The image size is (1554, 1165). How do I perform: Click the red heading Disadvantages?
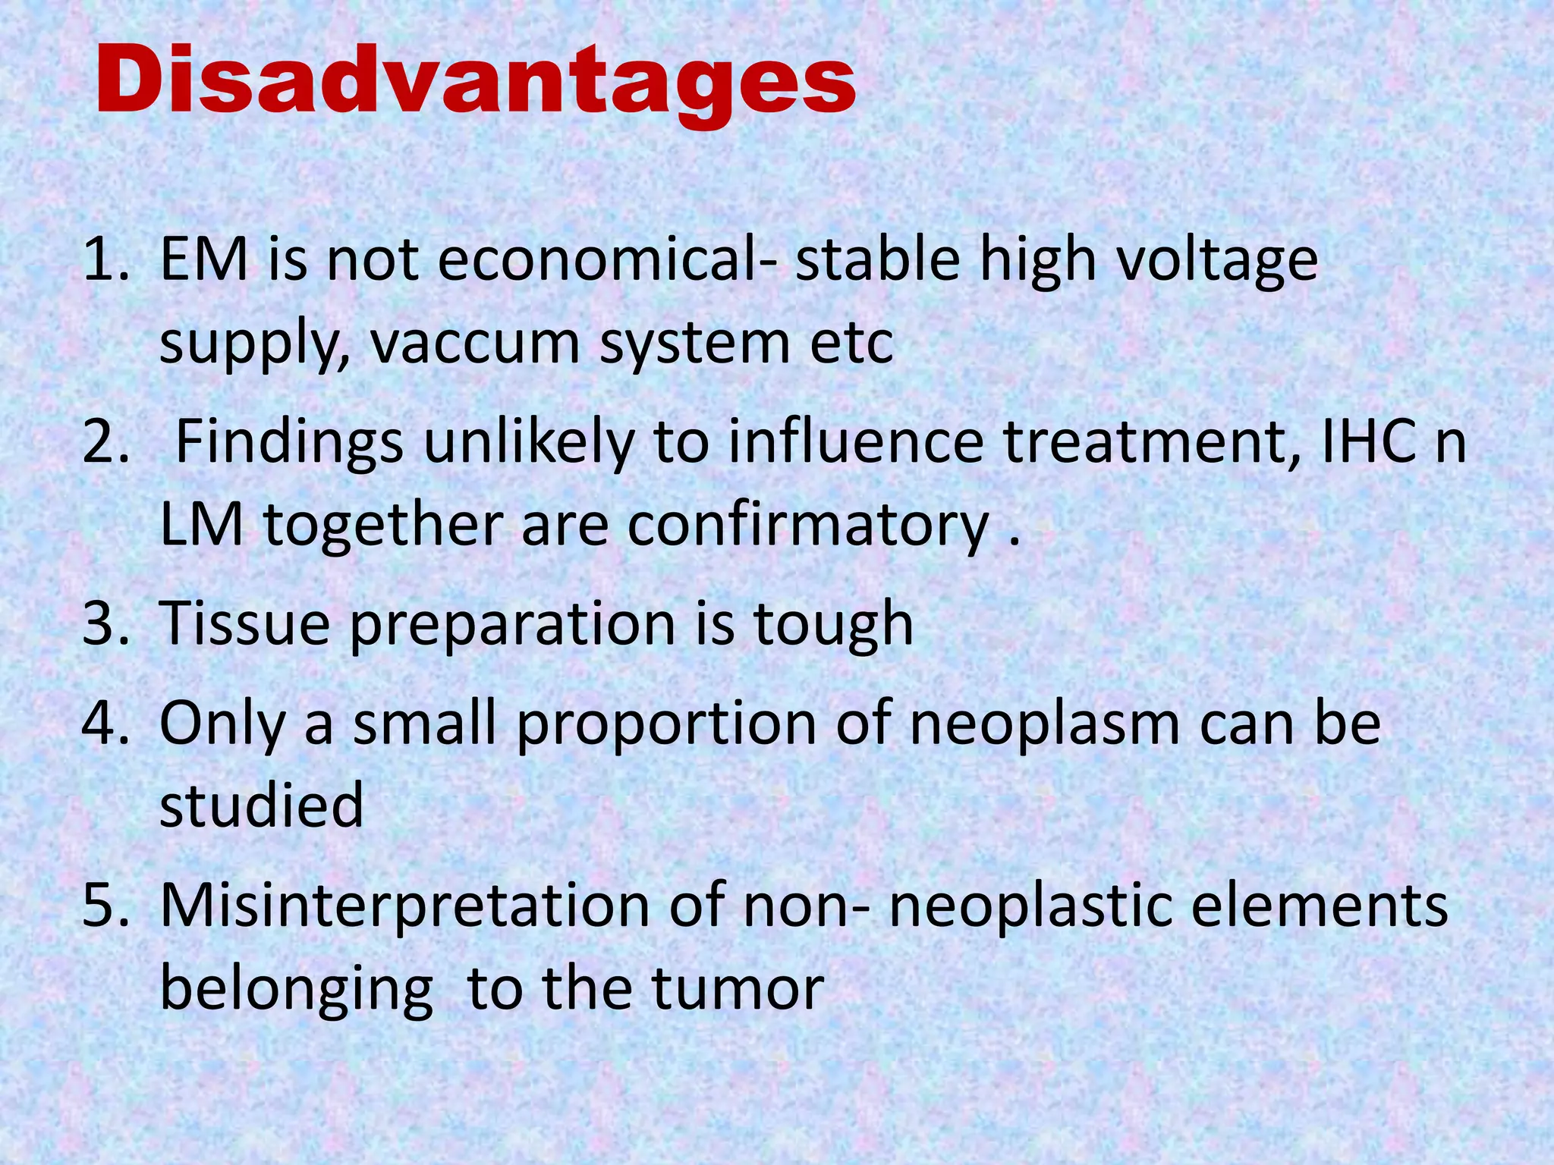click(476, 81)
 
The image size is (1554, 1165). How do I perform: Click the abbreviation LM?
click(202, 525)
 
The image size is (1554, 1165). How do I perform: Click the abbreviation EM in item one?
click(203, 260)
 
